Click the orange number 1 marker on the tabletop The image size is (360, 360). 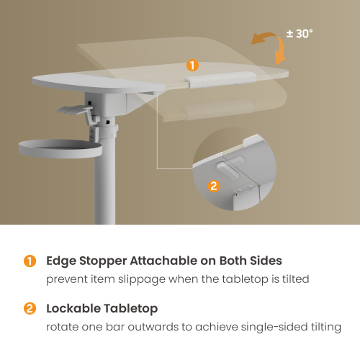coord(192,66)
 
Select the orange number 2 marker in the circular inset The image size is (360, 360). coord(213,186)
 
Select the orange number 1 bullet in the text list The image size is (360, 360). coord(30,261)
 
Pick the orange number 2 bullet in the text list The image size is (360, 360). coord(30,310)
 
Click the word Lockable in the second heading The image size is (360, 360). coord(74,310)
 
